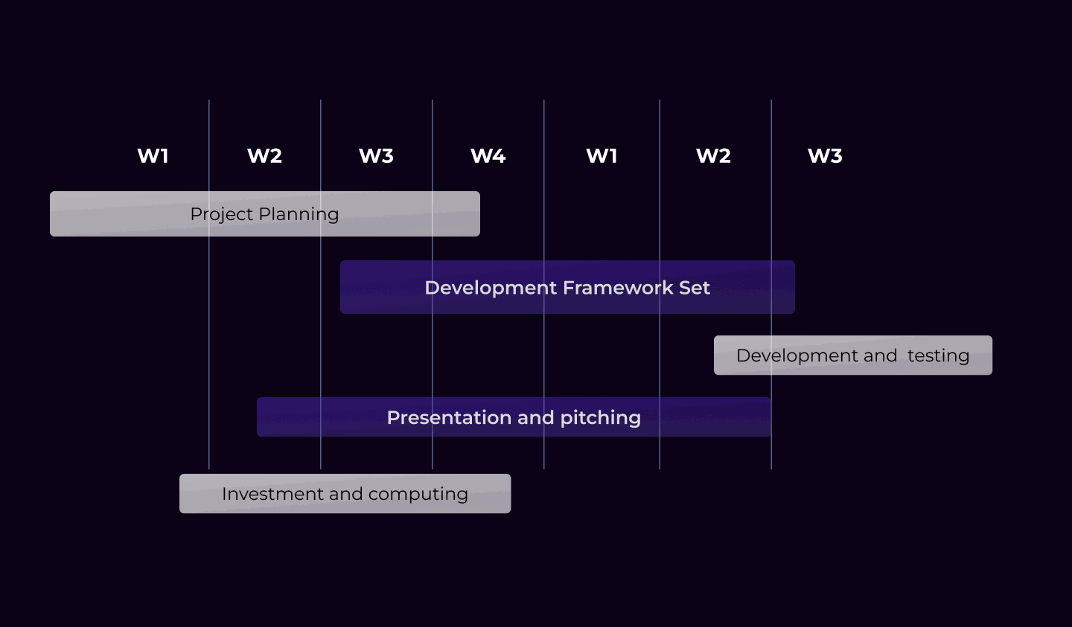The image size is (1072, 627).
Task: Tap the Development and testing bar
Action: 853,356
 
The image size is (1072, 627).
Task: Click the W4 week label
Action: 488,156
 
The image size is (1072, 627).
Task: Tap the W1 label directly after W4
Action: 602,156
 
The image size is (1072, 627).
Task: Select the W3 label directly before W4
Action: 376,156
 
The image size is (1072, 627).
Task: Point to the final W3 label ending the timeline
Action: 825,156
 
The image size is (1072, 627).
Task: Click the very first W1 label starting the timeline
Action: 153,156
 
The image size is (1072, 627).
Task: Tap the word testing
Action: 938,356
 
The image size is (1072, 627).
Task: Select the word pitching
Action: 600,418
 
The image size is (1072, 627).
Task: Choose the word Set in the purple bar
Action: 695,288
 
